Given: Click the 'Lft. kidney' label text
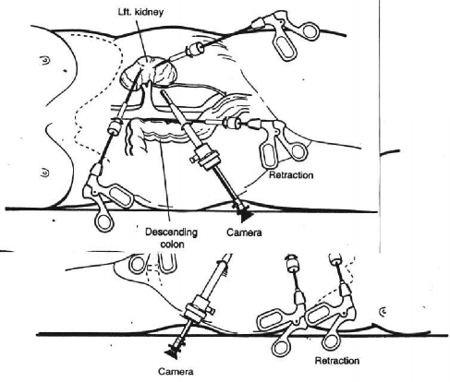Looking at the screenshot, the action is coord(140,12).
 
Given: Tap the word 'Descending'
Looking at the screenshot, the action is coord(171,232).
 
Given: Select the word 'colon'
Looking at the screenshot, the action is coord(173,245).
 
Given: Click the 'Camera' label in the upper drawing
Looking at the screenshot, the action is coord(244,233).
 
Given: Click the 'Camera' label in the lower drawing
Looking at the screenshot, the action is coord(176,372).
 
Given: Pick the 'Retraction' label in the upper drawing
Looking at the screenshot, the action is coord(291,175).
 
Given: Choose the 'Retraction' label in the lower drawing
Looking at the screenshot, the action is coord(337,361).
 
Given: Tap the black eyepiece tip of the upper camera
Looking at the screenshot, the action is coord(246,216).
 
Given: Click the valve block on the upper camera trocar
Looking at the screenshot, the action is coord(205,158).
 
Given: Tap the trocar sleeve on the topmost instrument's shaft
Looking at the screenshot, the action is coord(194,49).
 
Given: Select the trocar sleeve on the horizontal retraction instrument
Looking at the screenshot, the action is coord(233,123).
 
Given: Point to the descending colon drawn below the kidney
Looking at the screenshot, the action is coord(157,133).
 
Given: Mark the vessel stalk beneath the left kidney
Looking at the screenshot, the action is coord(149,95).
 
